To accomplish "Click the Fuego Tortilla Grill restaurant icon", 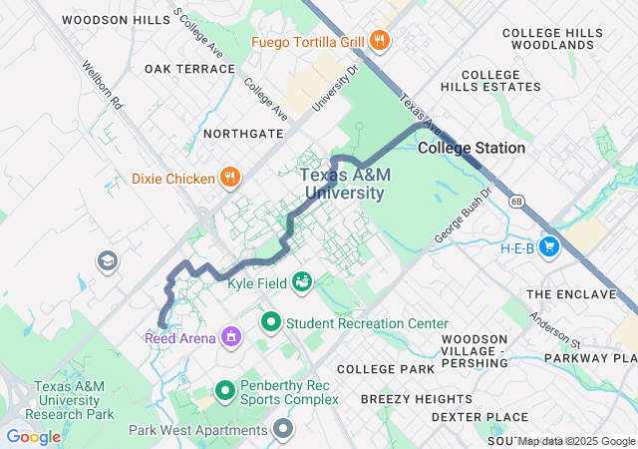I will [379, 41].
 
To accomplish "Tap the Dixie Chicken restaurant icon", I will [230, 179].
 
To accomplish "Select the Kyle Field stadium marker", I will [300, 283].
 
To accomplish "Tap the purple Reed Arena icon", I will [231, 336].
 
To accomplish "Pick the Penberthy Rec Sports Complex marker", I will [225, 390].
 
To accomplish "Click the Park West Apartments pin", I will [284, 430].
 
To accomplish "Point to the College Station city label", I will [472, 148].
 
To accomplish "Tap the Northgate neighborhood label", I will [236, 133].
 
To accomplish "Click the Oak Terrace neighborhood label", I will [189, 69].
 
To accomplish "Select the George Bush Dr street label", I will [464, 217].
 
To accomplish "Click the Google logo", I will [33, 436].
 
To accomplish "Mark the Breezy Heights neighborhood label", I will [403, 398].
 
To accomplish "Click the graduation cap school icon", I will [106, 261].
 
